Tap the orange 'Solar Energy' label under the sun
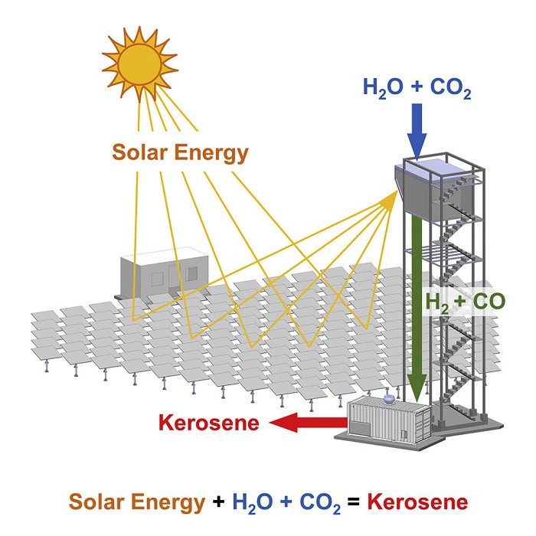click(181, 152)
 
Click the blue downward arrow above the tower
click(417, 131)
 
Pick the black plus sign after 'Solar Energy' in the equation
click(217, 503)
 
